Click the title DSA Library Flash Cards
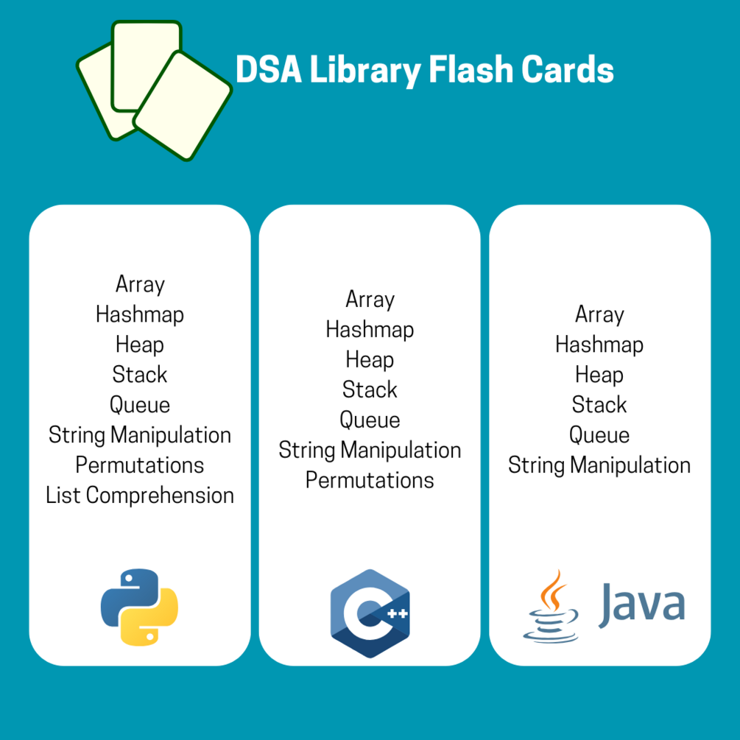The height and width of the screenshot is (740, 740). tap(424, 71)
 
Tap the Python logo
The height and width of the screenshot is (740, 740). tap(139, 607)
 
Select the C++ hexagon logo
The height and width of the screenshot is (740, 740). tap(370, 613)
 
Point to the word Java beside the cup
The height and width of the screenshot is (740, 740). tap(641, 605)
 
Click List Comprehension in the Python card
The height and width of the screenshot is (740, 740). tap(140, 495)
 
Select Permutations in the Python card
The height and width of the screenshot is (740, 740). tap(140, 465)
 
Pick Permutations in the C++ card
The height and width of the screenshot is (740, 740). tap(370, 480)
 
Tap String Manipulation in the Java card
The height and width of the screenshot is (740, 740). tap(599, 465)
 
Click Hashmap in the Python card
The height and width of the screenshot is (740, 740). tap(140, 314)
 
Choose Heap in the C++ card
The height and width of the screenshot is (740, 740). tap(370, 359)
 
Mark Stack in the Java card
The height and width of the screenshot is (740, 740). tap(599, 404)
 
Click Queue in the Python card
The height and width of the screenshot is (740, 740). tap(140, 404)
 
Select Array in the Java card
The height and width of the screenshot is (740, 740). tap(599, 314)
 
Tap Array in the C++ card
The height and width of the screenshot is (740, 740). tap(370, 300)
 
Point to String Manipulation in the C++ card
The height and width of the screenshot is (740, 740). tap(370, 450)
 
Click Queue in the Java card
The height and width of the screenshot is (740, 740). tap(599, 434)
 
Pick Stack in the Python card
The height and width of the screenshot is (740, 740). tap(140, 374)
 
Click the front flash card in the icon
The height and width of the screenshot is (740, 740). tap(183, 105)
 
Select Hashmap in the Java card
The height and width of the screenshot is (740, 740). tap(599, 345)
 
